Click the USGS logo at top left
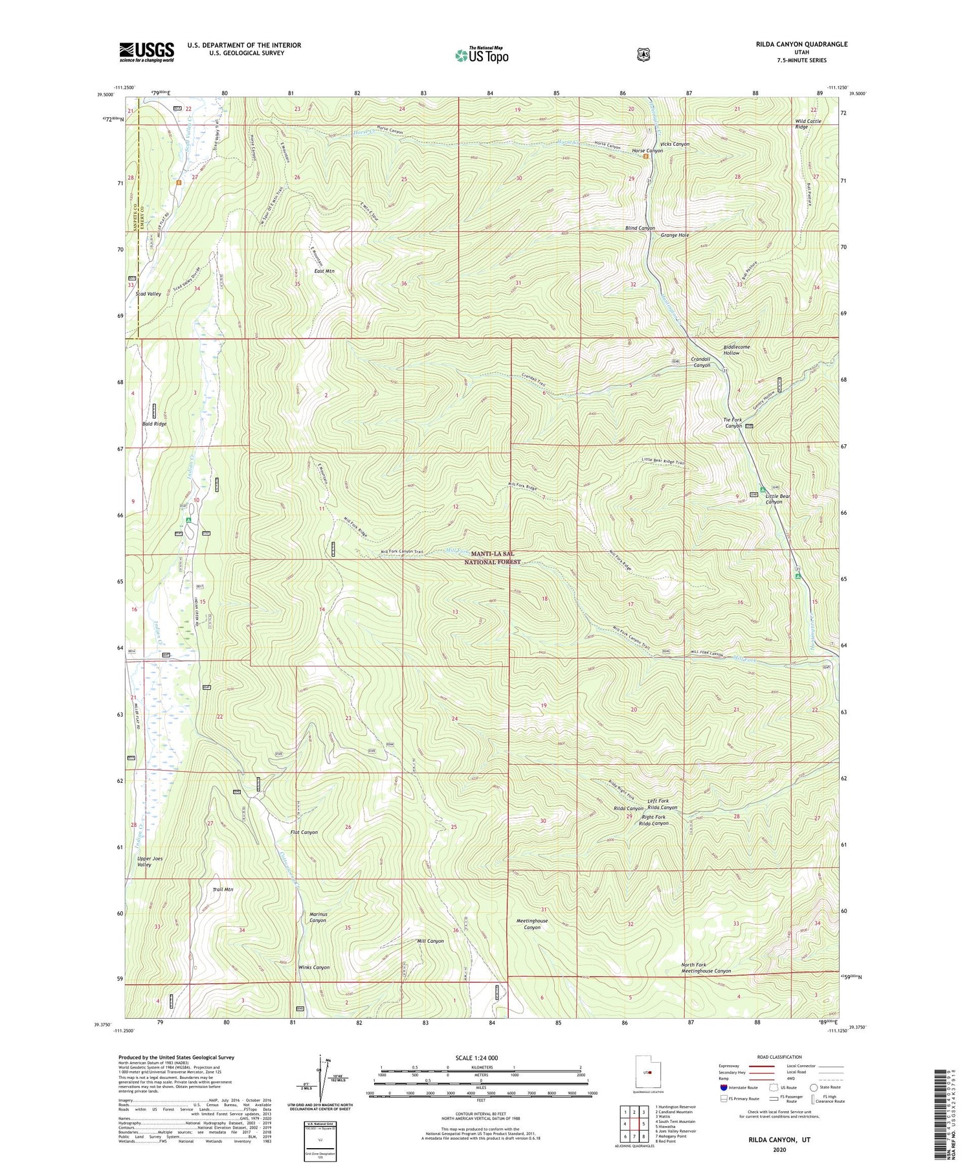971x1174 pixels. (146, 51)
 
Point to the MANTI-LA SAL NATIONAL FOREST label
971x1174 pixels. (495, 558)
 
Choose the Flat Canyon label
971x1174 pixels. (304, 832)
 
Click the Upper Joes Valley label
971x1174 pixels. (150, 862)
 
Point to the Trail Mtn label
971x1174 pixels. (223, 890)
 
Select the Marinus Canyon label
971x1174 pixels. (317, 917)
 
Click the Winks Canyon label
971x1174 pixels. (313, 967)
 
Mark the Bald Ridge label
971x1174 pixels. (154, 423)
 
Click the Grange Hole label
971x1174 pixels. (675, 235)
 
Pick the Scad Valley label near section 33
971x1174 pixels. (148, 294)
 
